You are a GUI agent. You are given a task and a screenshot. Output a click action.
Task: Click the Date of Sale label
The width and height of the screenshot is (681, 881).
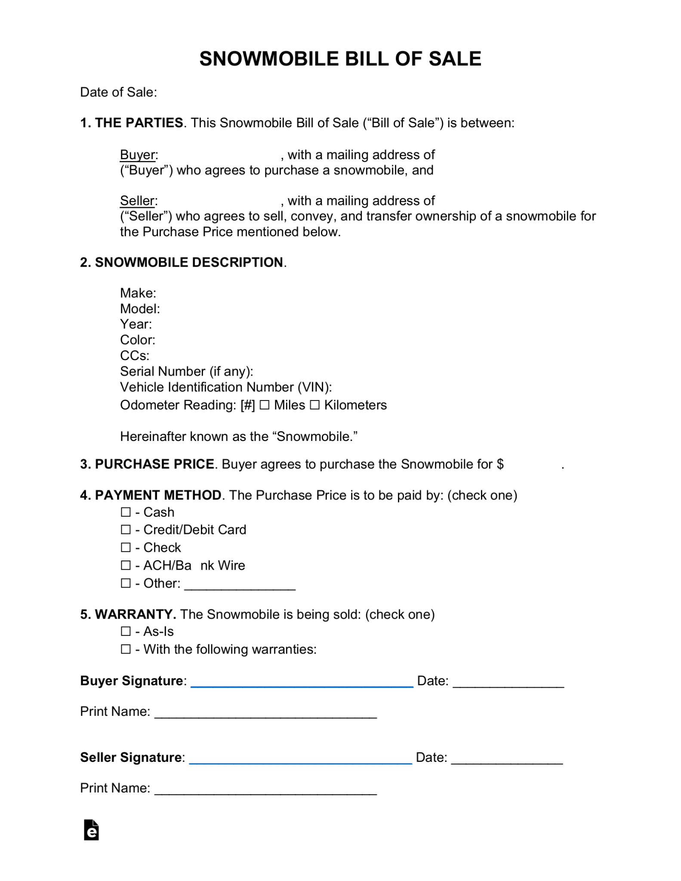coord(118,92)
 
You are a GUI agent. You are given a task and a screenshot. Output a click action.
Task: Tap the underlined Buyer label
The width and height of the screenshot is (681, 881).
coord(138,155)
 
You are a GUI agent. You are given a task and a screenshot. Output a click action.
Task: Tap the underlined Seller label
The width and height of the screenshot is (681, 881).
coord(137,201)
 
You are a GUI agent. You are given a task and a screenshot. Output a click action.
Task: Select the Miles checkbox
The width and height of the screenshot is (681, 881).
coord(265,405)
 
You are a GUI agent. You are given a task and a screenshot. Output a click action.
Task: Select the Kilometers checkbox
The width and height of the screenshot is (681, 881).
coord(315,405)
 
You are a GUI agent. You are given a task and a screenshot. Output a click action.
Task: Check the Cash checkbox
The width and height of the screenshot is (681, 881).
coord(126,512)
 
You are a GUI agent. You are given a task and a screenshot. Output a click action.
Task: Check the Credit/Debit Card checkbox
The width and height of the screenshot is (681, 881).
coord(126,530)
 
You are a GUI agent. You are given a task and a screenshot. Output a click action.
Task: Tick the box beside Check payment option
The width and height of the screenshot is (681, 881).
coord(126,547)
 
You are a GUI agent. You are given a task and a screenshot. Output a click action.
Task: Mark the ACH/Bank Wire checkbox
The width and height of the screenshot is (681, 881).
coord(126,565)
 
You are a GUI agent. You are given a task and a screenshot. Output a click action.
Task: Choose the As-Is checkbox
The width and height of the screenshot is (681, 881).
coord(126,631)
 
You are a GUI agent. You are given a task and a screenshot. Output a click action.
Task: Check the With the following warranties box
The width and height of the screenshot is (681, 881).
coord(126,649)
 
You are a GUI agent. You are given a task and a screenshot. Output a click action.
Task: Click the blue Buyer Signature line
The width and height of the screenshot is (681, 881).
coord(302,685)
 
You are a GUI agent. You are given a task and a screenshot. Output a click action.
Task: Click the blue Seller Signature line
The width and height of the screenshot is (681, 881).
coord(300,762)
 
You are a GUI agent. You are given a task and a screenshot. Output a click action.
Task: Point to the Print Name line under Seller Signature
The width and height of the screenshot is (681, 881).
coord(265,792)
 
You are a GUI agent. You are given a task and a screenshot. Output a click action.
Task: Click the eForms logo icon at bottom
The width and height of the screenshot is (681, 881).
coord(91,830)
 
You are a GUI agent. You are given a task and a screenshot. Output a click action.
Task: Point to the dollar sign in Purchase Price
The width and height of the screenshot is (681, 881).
coord(500,464)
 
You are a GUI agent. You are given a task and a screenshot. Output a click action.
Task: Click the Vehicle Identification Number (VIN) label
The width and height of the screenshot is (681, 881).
coord(225,387)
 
